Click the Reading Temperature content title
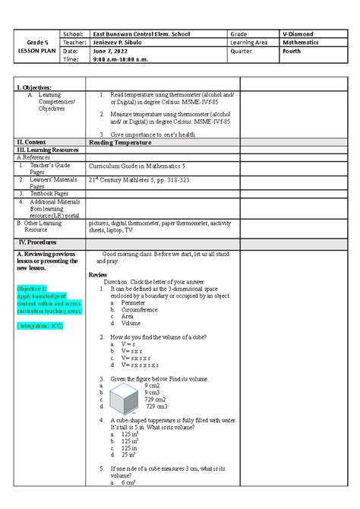[x=118, y=142]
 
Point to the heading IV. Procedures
[x=39, y=242]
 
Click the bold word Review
[x=99, y=274]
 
